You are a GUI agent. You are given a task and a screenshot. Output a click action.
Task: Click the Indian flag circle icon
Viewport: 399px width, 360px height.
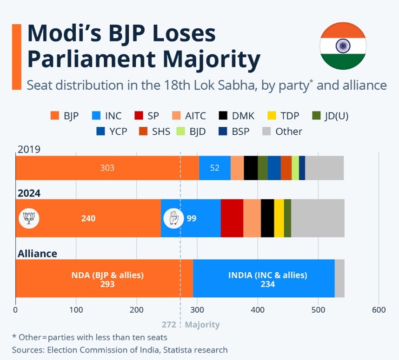click(x=343, y=46)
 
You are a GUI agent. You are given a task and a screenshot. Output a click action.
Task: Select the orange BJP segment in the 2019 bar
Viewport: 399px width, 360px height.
click(x=107, y=168)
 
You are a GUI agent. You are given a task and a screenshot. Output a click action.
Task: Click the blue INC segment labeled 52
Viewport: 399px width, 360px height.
click(x=214, y=168)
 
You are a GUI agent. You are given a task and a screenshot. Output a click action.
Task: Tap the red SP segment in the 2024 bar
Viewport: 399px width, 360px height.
click(x=232, y=218)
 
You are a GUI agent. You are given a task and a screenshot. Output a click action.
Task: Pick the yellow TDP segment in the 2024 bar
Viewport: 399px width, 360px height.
click(x=279, y=218)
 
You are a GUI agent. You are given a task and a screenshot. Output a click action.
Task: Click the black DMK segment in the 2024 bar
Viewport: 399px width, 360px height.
click(x=267, y=218)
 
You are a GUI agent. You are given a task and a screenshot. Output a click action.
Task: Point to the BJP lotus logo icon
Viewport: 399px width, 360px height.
click(x=29, y=218)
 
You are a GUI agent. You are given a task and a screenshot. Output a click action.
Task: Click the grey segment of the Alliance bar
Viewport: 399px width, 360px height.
click(x=339, y=278)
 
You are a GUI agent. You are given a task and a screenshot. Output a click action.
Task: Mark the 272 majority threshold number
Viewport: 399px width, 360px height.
click(x=169, y=325)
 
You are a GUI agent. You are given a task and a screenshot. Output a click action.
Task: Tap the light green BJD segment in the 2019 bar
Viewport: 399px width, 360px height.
click(x=295, y=168)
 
